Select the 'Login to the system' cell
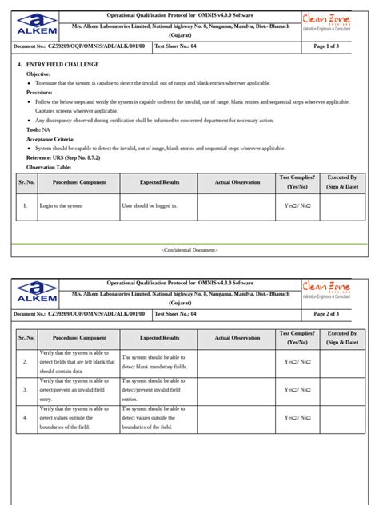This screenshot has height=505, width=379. coord(61,205)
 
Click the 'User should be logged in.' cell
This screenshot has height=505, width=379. coord(150,205)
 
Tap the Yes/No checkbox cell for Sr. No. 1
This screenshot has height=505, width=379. coord(297,205)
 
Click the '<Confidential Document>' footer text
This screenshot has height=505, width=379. coord(189,249)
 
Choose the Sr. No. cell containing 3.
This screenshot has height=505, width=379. coord(25,389)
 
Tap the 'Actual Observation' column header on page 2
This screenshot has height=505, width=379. coord(237,338)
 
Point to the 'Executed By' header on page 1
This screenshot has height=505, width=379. coord(342,182)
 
